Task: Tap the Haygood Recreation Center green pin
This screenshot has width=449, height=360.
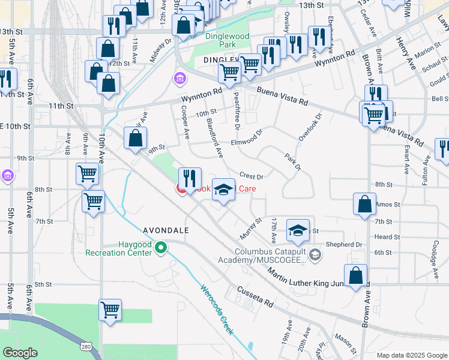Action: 160,247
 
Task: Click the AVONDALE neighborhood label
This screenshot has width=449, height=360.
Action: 166,230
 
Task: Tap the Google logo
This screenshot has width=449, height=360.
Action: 20,353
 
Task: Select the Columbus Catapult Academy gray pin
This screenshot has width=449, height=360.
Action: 316,256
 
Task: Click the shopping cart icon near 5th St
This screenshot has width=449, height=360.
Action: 110,310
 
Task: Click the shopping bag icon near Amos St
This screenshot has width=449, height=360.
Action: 364,204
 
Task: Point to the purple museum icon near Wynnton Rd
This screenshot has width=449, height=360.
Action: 179,78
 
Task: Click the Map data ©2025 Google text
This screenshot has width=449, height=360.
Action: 411,355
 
